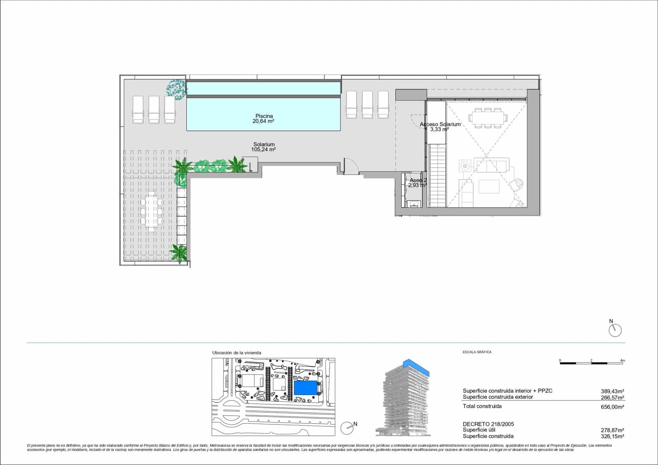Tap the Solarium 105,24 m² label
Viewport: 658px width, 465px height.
click(264, 147)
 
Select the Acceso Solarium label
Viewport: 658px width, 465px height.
click(440, 124)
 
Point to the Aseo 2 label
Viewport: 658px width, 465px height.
click(417, 180)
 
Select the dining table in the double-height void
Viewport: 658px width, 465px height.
click(488, 118)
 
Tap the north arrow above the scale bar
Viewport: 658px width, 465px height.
click(615, 330)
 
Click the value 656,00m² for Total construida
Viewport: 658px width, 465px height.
click(612, 407)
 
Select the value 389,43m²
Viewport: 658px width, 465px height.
click(612, 391)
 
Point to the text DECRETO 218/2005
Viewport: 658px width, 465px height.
click(488, 424)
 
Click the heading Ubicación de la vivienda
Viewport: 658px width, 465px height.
click(236, 353)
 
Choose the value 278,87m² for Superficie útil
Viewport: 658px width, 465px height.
click(612, 430)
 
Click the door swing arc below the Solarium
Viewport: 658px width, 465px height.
click(350, 165)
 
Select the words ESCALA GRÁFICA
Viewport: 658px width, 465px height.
click(477, 352)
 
